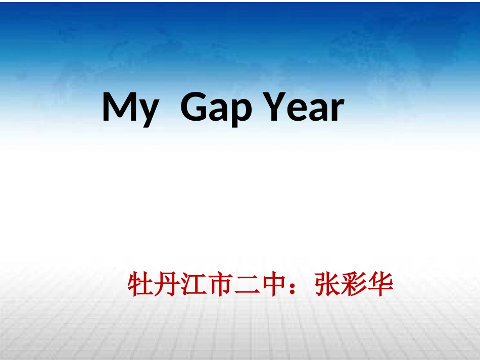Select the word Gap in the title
tap(215, 108)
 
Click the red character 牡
tap(140, 285)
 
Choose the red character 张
tap(327, 285)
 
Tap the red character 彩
tap(354, 285)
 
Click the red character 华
tap(380, 285)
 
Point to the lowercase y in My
tap(148, 112)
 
